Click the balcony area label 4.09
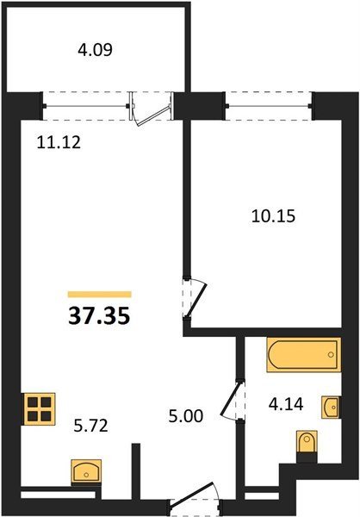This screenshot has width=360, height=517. (x=96, y=50)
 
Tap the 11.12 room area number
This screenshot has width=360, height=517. (x=59, y=143)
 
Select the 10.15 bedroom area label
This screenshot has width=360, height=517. (x=273, y=216)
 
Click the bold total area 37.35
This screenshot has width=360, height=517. (x=99, y=316)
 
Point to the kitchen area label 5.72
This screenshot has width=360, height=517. (x=91, y=426)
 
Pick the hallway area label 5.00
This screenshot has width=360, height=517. (x=186, y=416)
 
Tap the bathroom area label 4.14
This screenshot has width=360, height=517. (x=286, y=404)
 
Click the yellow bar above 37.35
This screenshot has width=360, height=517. (x=100, y=294)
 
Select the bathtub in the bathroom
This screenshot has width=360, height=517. (x=304, y=354)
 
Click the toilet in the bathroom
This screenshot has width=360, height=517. (x=307, y=444)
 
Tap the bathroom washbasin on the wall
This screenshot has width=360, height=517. (x=331, y=408)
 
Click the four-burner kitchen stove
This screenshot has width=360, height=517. (x=39, y=409)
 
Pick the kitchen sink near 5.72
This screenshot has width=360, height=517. (x=86, y=472)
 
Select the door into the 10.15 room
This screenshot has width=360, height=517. (x=195, y=299)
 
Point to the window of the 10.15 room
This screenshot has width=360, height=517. (x=269, y=106)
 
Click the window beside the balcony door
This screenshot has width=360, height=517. (x=86, y=106)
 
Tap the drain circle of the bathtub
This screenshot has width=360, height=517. (x=331, y=354)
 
